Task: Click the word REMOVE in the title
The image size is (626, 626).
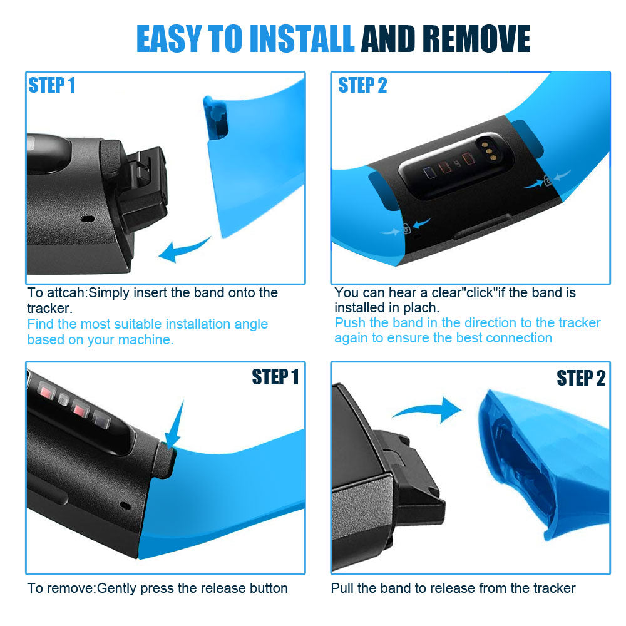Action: pos(476,39)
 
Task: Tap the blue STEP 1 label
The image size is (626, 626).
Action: pos(51,85)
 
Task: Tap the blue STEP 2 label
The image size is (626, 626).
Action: pos(362,85)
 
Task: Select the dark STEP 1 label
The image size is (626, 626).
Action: pos(275,377)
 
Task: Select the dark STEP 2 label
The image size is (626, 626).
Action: pos(581,377)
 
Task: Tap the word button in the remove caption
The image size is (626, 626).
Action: pos(269,588)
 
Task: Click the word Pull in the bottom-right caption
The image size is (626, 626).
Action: pos(342,588)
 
